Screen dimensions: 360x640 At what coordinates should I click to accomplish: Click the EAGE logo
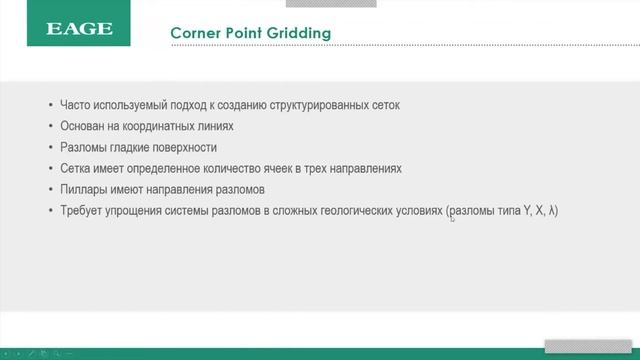79,30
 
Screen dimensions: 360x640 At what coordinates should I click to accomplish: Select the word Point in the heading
243,34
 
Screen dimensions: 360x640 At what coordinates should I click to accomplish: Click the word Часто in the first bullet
76,105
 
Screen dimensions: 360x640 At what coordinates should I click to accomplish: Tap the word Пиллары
83,189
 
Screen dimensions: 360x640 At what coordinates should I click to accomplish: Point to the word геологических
341,210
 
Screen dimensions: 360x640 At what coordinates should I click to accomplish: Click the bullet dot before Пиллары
51,189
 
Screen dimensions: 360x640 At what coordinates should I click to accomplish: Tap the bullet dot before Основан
51,126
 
